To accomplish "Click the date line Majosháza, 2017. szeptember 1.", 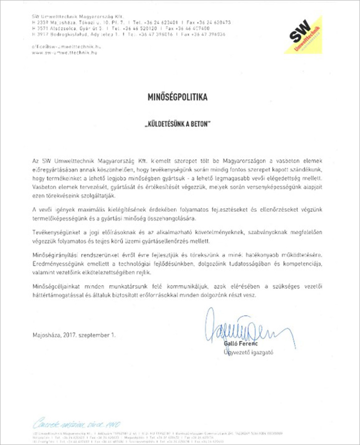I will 74,336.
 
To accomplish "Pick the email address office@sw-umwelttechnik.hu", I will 66,47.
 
